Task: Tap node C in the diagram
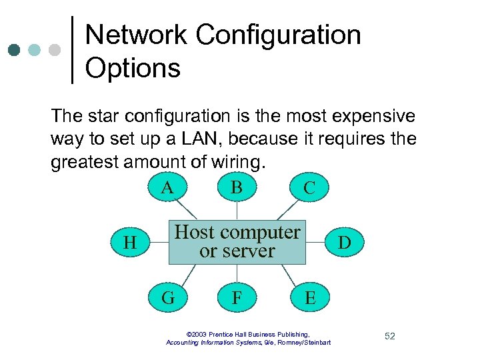coord(309,188)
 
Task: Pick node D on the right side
coord(344,243)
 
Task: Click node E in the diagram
coord(309,297)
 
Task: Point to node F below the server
coord(237,297)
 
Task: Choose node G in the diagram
coord(168,297)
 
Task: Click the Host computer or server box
coord(237,242)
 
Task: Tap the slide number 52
coord(389,336)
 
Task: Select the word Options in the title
coord(133,68)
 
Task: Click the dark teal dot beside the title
coord(15,51)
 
